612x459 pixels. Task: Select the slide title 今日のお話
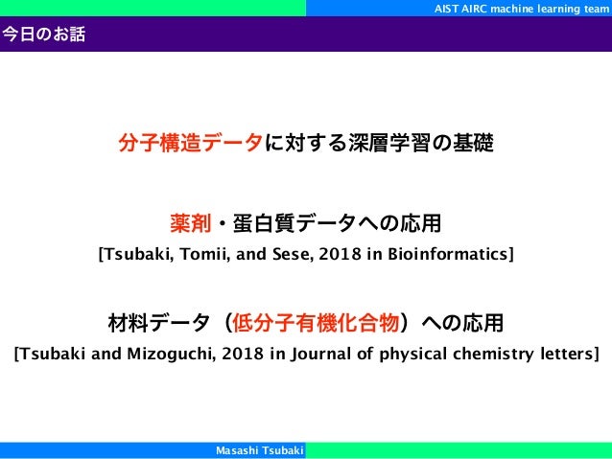click(x=43, y=36)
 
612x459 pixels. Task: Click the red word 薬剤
click(x=189, y=225)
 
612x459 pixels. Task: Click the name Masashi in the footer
click(x=239, y=450)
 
